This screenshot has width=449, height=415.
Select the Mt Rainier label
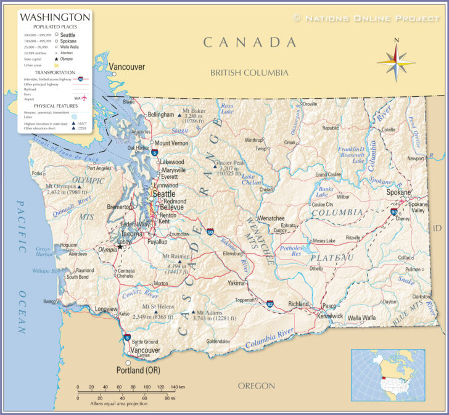click(x=176, y=255)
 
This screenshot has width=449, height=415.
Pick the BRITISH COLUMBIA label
click(x=249, y=73)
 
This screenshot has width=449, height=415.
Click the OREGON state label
click(x=256, y=385)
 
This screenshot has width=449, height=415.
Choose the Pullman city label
click(x=413, y=269)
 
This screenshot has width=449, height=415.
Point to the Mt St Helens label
click(x=157, y=306)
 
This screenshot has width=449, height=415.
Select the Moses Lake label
click(x=324, y=240)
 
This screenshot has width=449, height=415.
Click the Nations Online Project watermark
click(x=366, y=18)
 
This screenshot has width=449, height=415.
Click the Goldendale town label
click(x=217, y=341)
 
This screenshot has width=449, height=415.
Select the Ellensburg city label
click(x=233, y=253)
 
